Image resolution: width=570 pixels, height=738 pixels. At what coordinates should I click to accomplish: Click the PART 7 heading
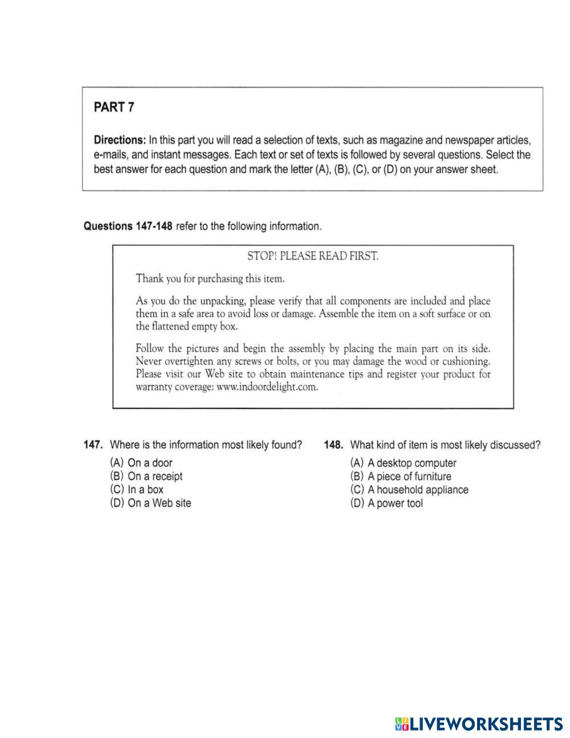click(x=114, y=107)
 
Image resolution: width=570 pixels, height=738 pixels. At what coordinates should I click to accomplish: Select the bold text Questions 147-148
click(x=128, y=226)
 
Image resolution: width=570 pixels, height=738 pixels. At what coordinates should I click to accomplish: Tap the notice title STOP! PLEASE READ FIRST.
click(x=312, y=256)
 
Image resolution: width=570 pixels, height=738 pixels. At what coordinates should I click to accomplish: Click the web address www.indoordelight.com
click(x=267, y=387)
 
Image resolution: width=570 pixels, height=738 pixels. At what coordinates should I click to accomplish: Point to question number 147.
click(x=93, y=445)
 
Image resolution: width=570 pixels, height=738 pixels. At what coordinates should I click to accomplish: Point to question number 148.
click(x=333, y=445)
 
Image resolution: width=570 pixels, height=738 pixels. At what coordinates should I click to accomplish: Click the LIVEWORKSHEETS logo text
click(x=486, y=724)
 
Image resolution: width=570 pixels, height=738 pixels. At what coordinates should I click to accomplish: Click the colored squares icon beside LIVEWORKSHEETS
click(x=401, y=724)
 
